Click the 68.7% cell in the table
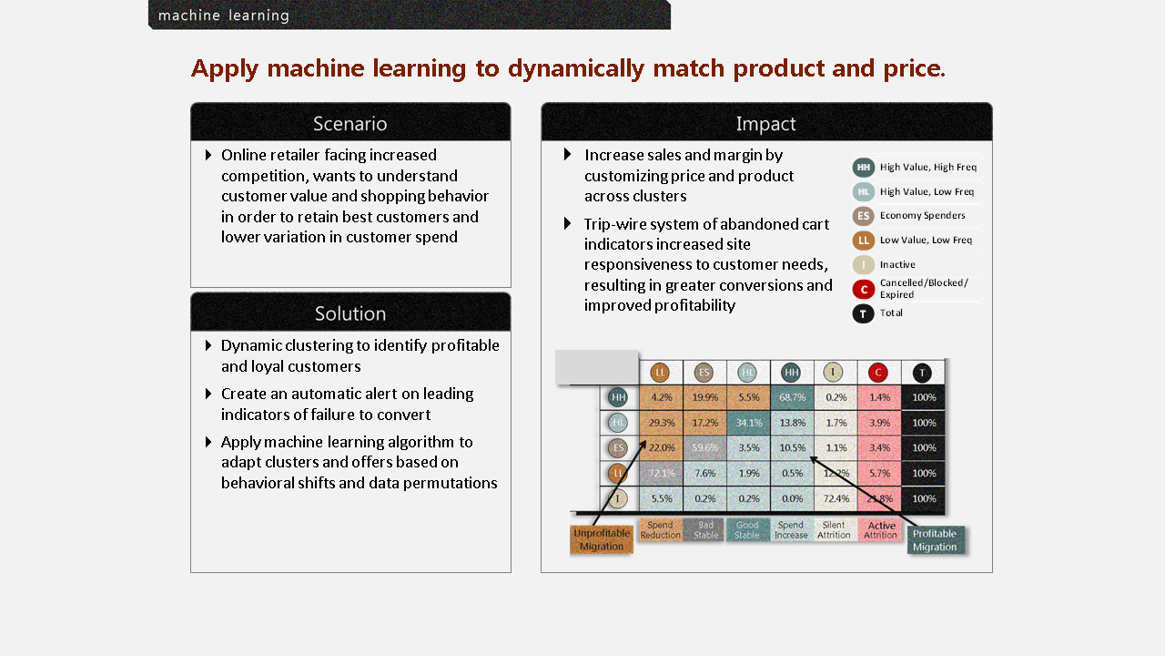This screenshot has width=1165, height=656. pos(792,397)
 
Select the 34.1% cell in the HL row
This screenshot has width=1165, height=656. pos(748,423)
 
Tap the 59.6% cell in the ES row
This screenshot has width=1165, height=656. pos(705,447)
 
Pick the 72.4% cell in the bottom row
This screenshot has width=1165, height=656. pos(836,498)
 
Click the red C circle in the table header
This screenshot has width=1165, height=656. pos(878,372)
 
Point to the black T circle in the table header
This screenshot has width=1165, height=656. pos(923,372)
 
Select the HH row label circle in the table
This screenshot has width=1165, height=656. pos(619,397)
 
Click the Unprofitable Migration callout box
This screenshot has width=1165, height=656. pos(602,539)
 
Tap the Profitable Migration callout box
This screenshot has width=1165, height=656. pos(935,540)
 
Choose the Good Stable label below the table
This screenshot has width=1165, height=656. pos(747,530)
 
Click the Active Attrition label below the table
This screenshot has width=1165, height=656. pos(880,530)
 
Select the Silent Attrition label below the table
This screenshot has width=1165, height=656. pos(834,530)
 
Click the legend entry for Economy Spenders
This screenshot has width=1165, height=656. pos(922,216)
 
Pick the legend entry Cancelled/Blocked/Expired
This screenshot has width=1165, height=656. pos(923,289)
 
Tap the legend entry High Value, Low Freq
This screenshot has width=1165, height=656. pos(926,191)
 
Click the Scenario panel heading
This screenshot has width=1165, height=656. pos(350,123)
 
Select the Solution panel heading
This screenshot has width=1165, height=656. pos(350,313)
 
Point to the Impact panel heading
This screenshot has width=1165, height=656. pos(766,123)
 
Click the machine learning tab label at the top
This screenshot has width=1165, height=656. pos(224,15)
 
